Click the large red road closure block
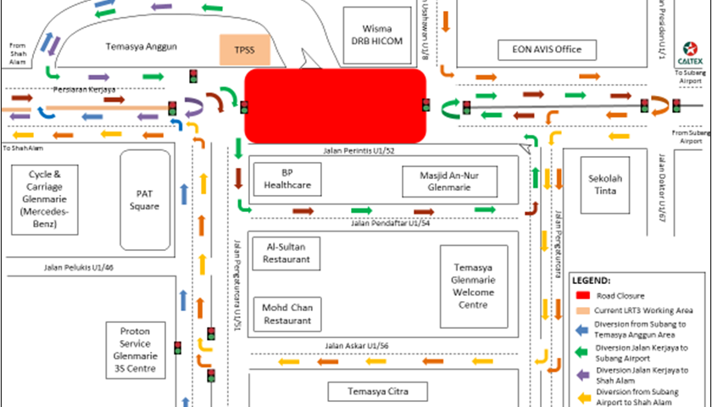click(335, 106)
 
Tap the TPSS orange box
click(243, 50)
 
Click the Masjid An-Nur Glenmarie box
click(448, 181)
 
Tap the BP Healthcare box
click(286, 178)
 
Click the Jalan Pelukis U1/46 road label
click(79, 268)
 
